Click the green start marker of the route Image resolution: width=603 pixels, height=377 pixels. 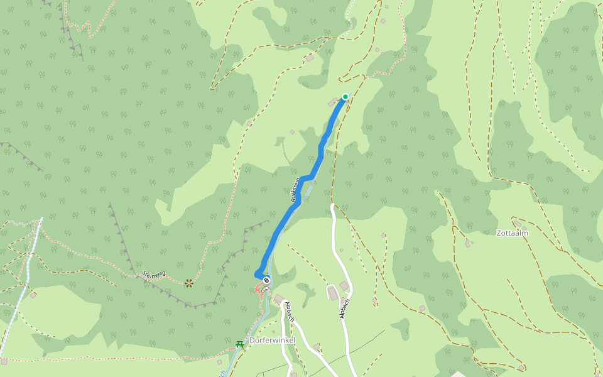pyautogui.click(x=345, y=96)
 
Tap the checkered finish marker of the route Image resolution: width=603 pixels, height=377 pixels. pyautogui.click(x=266, y=280)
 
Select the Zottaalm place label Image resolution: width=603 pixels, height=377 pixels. pyautogui.click(x=513, y=233)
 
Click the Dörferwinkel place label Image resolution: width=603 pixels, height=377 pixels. pyautogui.click(x=272, y=340)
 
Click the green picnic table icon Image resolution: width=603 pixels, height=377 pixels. pyautogui.click(x=239, y=344)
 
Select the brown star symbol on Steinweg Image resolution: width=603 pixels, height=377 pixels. pyautogui.click(x=189, y=283)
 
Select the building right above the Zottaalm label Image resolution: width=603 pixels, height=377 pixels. pyautogui.click(x=517, y=223)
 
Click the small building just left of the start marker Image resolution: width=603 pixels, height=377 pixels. pyautogui.click(x=331, y=103)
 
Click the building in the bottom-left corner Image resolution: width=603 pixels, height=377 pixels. pyautogui.click(x=4, y=361)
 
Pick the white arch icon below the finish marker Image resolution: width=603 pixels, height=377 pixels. pyautogui.click(x=264, y=290)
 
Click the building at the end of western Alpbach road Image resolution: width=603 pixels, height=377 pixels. pyautogui.click(x=278, y=298)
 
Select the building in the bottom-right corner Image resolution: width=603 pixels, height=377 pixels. pyautogui.click(x=521, y=368)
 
